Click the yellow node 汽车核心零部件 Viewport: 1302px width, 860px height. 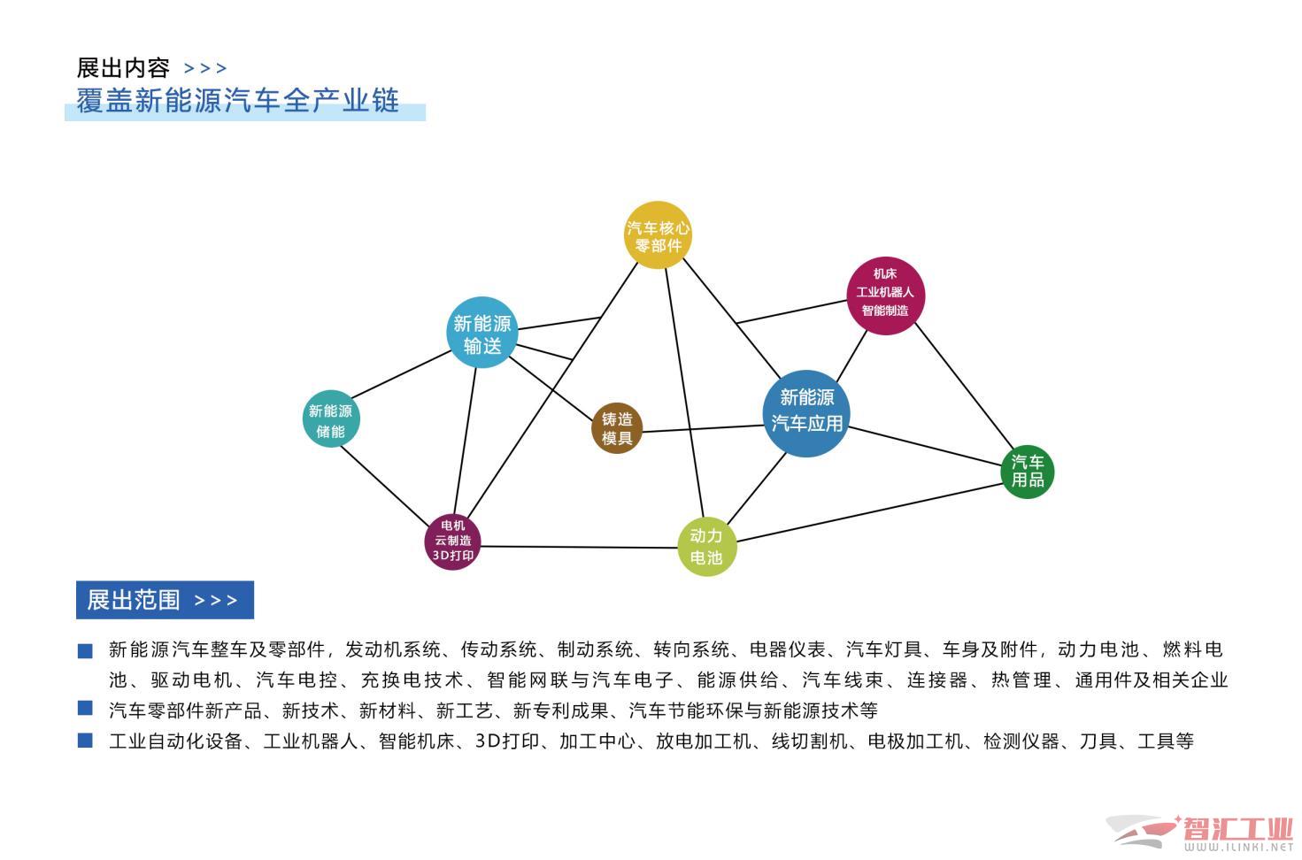[x=658, y=235]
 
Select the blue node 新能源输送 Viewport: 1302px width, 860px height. [x=482, y=333]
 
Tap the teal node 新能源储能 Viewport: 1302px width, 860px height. [x=330, y=420]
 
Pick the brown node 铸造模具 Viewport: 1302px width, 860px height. [x=617, y=428]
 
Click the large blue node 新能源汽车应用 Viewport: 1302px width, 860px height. [x=806, y=412]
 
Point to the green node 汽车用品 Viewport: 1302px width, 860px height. [x=1028, y=471]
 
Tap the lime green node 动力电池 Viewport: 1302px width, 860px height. [x=706, y=546]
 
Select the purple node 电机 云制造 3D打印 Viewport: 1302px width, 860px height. [x=452, y=541]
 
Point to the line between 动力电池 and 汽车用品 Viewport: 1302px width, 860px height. [x=867, y=512]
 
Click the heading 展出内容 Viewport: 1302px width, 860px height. [x=123, y=67]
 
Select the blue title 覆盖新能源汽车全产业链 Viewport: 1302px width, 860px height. [x=237, y=101]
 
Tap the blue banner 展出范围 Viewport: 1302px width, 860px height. [x=165, y=600]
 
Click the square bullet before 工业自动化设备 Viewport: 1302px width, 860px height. [x=85, y=741]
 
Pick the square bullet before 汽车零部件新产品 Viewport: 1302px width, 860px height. [x=85, y=708]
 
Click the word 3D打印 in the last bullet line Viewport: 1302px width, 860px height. [x=506, y=741]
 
